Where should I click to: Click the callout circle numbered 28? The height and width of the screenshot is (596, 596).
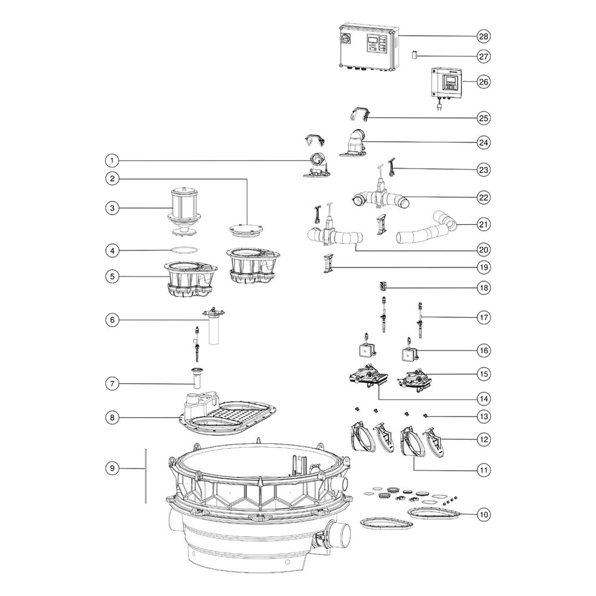click(x=483, y=36)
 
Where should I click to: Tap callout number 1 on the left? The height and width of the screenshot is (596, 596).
click(x=112, y=160)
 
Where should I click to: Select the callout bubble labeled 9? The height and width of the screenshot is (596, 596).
click(x=112, y=468)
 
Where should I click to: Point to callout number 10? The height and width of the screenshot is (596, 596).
click(x=483, y=515)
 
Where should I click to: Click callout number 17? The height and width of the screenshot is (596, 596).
click(x=483, y=318)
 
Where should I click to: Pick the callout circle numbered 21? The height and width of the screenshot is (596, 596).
click(x=483, y=224)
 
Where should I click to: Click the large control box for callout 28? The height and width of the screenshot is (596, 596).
click(x=368, y=48)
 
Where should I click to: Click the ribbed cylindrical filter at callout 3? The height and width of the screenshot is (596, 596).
click(x=183, y=213)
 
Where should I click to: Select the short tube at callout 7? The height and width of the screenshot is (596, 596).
click(x=197, y=377)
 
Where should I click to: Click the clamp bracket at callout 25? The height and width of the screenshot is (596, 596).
click(x=359, y=114)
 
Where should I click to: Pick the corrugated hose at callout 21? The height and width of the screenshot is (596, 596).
click(x=426, y=228)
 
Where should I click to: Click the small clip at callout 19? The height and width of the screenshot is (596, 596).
click(x=328, y=263)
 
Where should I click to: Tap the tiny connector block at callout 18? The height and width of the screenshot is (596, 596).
click(x=383, y=285)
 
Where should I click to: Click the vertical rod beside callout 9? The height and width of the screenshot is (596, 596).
click(x=145, y=476)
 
